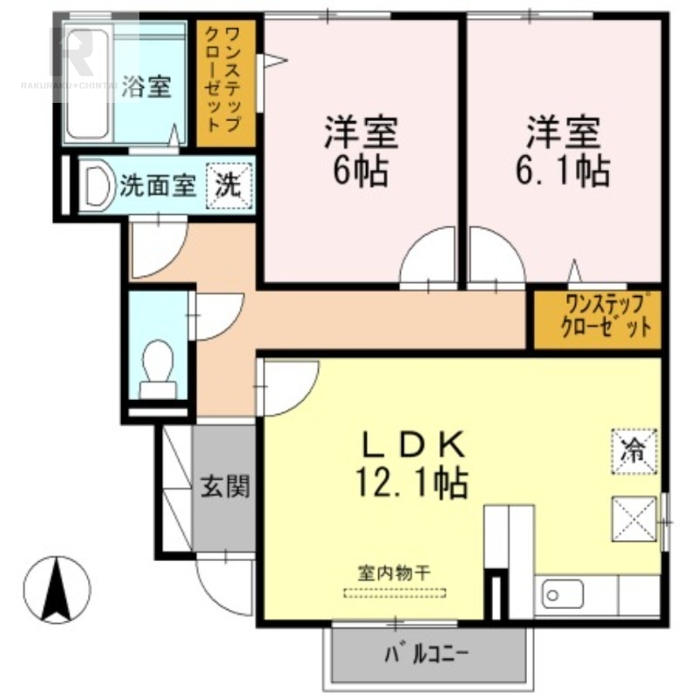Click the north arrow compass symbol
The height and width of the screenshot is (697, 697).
pyautogui.click(x=57, y=590)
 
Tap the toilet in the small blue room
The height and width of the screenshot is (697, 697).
pyautogui.click(x=158, y=369)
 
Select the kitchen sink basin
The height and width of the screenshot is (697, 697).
pyautogui.click(x=562, y=594)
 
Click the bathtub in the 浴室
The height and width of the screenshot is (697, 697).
pyautogui.click(x=88, y=84)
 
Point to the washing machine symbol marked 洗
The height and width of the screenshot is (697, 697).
pyautogui.click(x=229, y=186)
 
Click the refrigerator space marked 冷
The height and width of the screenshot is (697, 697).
pyautogui.click(x=634, y=451)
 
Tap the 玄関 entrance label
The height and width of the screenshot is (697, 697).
pyautogui.click(x=226, y=486)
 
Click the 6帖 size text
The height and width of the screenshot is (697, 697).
pyautogui.click(x=361, y=171)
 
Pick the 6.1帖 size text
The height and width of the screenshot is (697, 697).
pyautogui.click(x=563, y=171)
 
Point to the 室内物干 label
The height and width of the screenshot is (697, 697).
pyautogui.click(x=395, y=573)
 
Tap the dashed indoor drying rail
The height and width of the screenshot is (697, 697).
pyautogui.click(x=395, y=592)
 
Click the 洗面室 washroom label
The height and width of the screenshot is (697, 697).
pyautogui.click(x=158, y=186)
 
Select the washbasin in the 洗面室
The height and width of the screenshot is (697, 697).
pyautogui.click(x=98, y=186)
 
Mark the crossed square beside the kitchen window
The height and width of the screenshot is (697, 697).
pyautogui.click(x=634, y=518)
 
